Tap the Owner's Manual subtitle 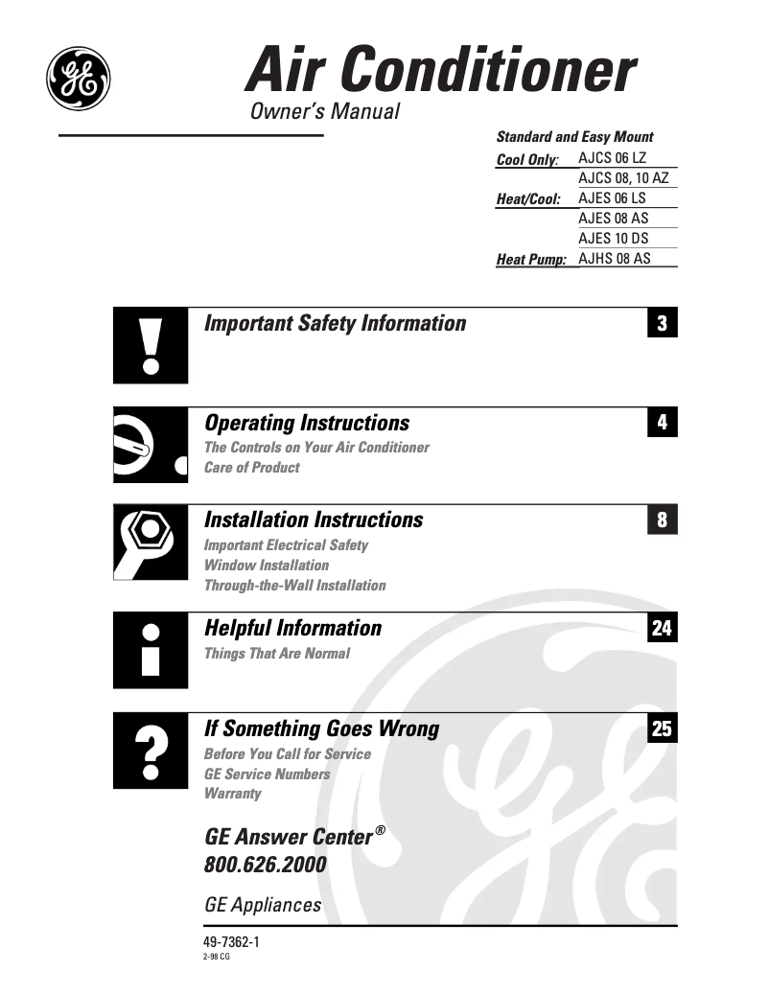click(x=324, y=111)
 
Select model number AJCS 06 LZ click(x=613, y=157)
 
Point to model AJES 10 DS click(x=614, y=238)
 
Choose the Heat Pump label click(x=531, y=259)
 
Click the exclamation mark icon click(x=150, y=346)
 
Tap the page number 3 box click(x=662, y=323)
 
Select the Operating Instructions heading click(x=307, y=423)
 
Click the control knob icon click(x=150, y=446)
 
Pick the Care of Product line click(x=251, y=468)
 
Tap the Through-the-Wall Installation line click(x=294, y=586)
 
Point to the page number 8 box click(x=662, y=520)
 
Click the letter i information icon click(x=150, y=650)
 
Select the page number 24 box click(x=662, y=628)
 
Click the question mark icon click(x=150, y=751)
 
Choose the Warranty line click(x=232, y=794)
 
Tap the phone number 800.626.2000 click(x=266, y=866)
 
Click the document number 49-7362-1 click(x=232, y=942)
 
